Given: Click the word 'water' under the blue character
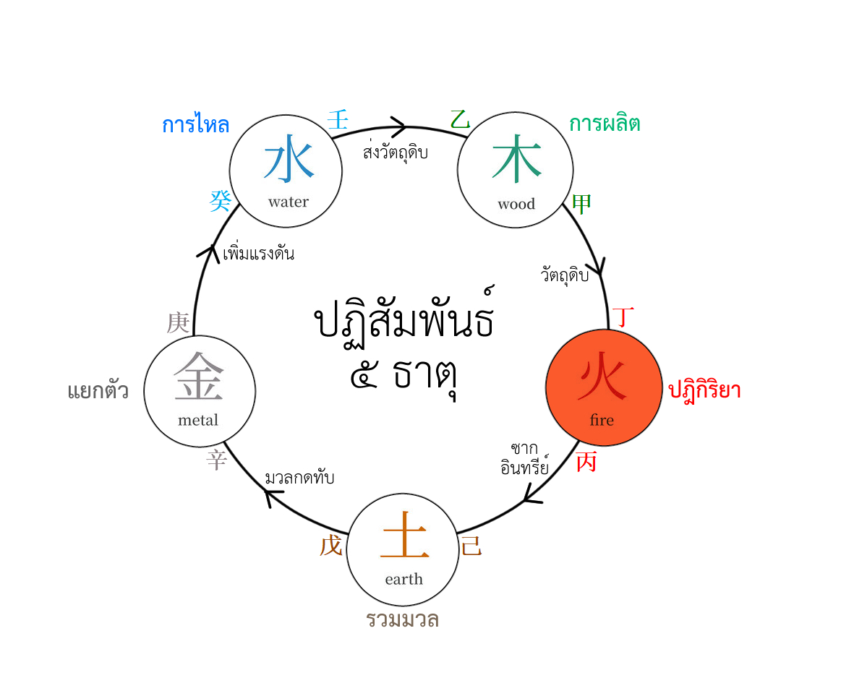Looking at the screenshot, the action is pyautogui.click(x=288, y=202).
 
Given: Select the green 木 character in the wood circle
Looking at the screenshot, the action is pyautogui.click(x=516, y=160).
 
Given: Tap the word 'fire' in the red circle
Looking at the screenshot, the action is pyautogui.click(x=602, y=420).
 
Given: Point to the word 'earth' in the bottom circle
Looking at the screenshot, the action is pyautogui.click(x=403, y=578).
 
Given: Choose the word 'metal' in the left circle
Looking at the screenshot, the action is pyautogui.click(x=197, y=420).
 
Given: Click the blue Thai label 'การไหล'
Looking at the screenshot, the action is pyautogui.click(x=195, y=124).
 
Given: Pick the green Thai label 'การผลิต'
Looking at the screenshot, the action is pyautogui.click(x=605, y=123).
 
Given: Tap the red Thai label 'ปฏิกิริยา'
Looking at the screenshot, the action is pyautogui.click(x=704, y=390).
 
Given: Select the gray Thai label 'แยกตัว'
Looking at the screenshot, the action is pyautogui.click(x=98, y=390).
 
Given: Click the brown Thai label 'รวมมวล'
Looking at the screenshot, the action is pyautogui.click(x=403, y=619).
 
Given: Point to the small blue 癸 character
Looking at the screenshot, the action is pyautogui.click(x=221, y=201).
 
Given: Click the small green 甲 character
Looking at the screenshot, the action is pyautogui.click(x=581, y=204).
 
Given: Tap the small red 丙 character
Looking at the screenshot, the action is pyautogui.click(x=586, y=462).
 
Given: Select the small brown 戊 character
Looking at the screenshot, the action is pyautogui.click(x=331, y=545).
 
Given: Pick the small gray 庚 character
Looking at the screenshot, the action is pyautogui.click(x=178, y=323).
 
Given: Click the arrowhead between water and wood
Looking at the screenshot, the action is pyautogui.click(x=399, y=127).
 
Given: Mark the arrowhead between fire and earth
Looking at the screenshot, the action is pyautogui.click(x=531, y=494).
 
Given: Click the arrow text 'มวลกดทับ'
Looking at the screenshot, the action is pyautogui.click(x=299, y=477).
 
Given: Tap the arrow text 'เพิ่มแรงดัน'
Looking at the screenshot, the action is pyautogui.click(x=259, y=252).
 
